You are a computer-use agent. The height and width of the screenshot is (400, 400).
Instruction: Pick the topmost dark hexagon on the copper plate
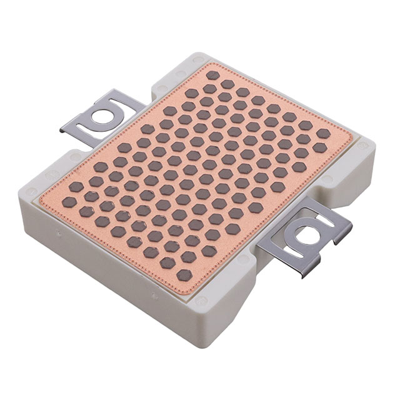pos(213,75)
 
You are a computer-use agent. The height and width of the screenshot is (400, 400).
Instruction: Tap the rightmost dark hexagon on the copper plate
pos(322,133)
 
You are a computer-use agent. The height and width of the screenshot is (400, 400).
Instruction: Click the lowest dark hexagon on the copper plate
pos(184,275)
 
